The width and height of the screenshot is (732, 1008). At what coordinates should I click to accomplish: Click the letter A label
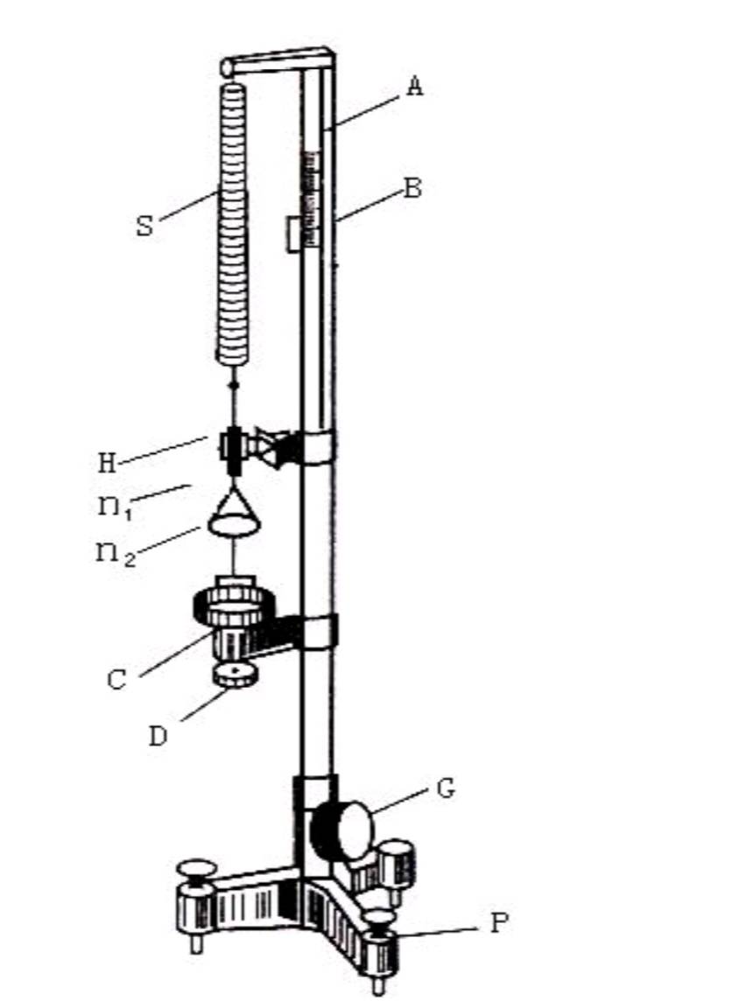point(416,86)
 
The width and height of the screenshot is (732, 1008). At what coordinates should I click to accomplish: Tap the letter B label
point(412,188)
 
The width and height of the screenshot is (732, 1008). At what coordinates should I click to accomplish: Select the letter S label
point(145,226)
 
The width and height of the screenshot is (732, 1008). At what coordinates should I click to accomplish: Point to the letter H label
point(108,463)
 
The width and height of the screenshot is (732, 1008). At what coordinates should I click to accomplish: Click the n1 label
point(115,508)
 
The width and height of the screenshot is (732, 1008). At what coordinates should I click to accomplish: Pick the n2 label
point(116,554)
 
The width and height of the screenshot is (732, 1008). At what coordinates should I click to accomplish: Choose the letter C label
point(116,680)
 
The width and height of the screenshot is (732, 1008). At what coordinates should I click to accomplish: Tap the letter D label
point(158,736)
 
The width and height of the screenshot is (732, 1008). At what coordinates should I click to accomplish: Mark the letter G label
point(446,788)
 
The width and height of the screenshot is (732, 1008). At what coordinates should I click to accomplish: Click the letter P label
point(499,923)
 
